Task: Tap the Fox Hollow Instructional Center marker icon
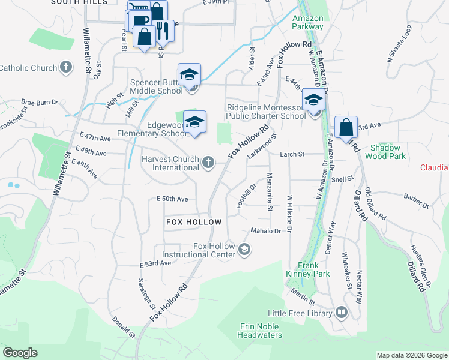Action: pos(244,249)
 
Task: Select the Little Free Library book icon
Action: pos(341,313)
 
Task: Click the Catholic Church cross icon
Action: pos(66,67)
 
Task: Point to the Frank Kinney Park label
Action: pos(313,269)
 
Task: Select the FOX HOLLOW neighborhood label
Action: pos(193,222)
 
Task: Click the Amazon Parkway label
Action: pos(307,22)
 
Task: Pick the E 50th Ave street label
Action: pos(172,199)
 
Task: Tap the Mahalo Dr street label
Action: pos(266,230)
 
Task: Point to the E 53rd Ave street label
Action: pos(155,263)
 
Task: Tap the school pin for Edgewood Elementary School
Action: pos(194,122)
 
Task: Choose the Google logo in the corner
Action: pos(20,352)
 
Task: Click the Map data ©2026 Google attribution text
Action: pos(411,355)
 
